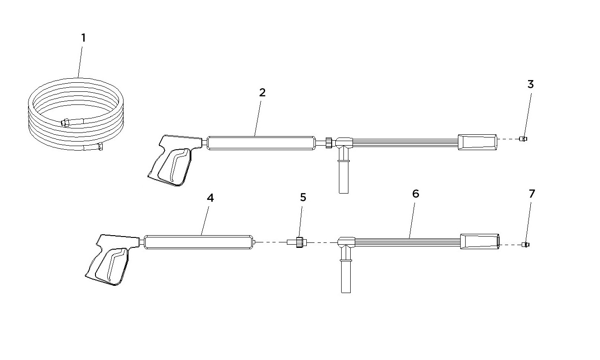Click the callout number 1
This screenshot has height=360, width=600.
tap(83, 38)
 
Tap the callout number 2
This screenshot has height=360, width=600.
tap(262, 92)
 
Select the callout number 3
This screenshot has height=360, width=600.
tap(531, 84)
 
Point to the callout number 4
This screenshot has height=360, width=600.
tap(210, 198)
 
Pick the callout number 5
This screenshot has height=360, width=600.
tap(303, 197)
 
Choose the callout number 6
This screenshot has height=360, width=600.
tap(415, 194)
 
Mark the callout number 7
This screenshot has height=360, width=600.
tap(532, 194)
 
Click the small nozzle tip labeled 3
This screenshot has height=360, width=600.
tap(523, 139)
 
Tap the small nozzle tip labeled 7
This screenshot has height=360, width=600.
tap(525, 244)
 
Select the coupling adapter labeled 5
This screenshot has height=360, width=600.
tap(297, 242)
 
